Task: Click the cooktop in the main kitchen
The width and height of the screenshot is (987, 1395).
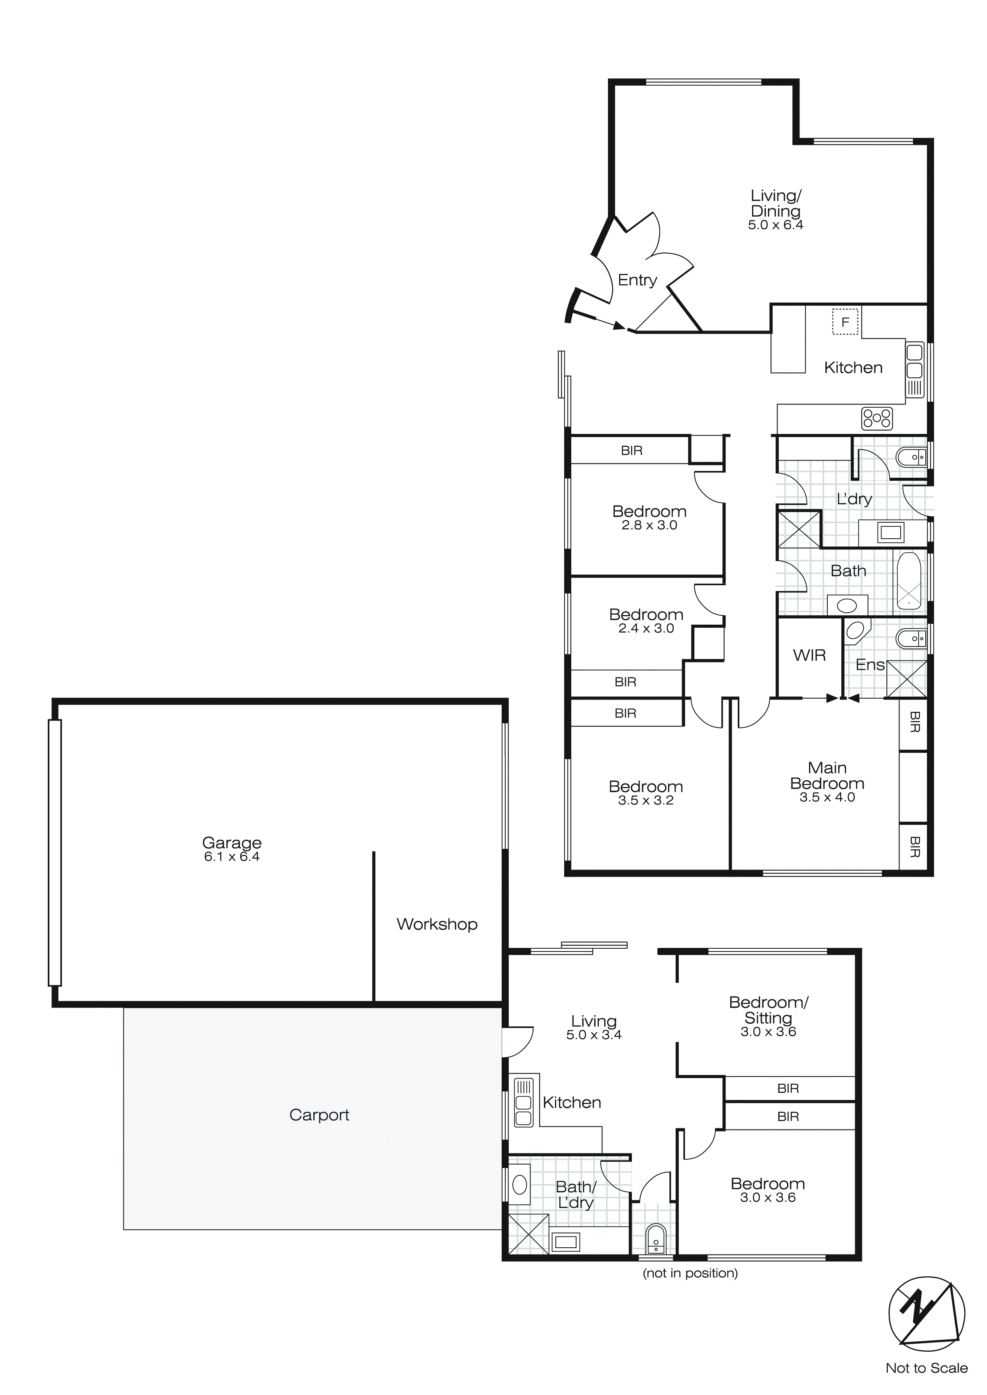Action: tap(876, 418)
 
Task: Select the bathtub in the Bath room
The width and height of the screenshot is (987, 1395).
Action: tap(909, 581)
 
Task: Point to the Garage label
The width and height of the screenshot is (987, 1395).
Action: tap(232, 843)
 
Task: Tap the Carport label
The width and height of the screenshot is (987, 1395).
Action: tap(319, 1115)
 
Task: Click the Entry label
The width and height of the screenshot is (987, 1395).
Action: tap(637, 280)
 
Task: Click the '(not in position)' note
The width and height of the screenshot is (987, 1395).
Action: tap(690, 1273)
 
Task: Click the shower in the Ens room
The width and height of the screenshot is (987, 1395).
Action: tap(906, 679)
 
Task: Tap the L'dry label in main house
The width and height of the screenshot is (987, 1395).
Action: tap(854, 499)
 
